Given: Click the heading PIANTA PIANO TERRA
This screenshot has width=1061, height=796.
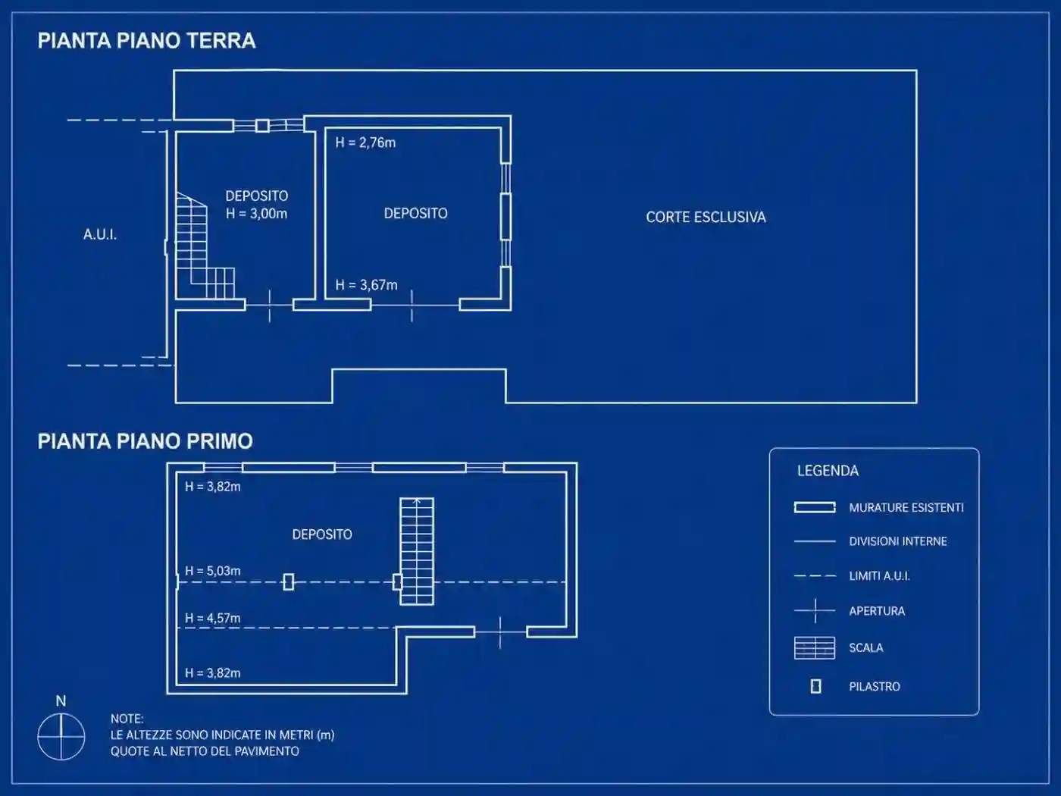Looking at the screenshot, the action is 146,41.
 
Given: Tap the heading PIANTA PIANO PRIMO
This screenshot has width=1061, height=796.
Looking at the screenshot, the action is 145,441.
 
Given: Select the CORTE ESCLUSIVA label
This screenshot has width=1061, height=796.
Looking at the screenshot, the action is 706,218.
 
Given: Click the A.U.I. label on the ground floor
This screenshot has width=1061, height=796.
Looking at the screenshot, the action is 100,235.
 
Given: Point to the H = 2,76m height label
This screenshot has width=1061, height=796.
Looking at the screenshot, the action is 365,143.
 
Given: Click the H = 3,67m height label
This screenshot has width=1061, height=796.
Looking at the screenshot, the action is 366,285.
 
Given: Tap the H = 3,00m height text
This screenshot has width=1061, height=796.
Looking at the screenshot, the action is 256,214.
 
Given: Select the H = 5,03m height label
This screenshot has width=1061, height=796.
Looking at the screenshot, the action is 213,571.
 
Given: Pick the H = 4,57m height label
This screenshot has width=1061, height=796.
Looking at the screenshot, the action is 213,618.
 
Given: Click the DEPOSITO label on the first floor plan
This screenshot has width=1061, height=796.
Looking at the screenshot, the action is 322,534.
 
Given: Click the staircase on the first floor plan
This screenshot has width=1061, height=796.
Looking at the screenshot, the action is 417,551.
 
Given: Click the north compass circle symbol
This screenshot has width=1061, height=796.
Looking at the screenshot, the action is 61,737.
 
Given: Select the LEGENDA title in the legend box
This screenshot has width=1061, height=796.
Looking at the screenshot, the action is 828,471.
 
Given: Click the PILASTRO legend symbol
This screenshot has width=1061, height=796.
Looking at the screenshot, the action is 815,686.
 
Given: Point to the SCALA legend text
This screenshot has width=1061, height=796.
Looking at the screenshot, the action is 865,647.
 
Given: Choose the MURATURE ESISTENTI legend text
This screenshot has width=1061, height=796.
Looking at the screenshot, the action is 906,507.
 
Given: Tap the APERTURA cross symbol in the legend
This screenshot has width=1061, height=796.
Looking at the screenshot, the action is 815,611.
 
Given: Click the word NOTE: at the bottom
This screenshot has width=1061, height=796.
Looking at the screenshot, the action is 127,719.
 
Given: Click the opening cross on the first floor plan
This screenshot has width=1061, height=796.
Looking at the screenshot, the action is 500,632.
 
